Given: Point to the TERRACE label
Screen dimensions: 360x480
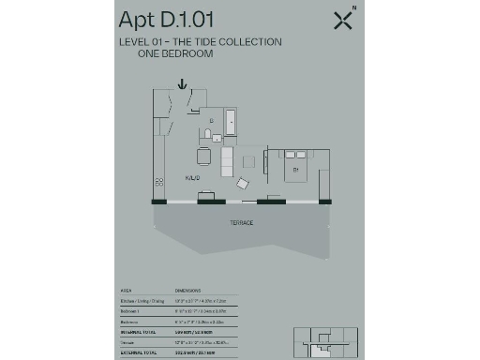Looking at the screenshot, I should (x=242, y=222).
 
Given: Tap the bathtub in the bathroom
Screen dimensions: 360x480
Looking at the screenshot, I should (x=231, y=123).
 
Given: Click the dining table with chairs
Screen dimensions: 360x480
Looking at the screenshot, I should (x=203, y=157).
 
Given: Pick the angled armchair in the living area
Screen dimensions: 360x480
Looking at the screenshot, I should (x=244, y=184).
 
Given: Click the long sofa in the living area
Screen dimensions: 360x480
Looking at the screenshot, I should (x=226, y=161).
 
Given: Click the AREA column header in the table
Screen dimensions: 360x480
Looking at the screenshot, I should (x=126, y=291).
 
